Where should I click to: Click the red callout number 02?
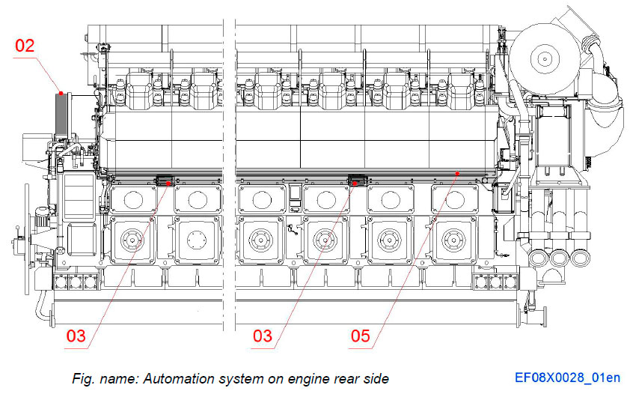(25, 46)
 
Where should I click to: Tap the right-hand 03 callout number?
(262, 336)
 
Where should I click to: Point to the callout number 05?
(360, 336)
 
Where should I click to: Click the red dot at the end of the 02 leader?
(61, 93)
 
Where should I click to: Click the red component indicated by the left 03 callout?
(165, 181)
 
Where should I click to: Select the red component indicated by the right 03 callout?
(358, 181)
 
